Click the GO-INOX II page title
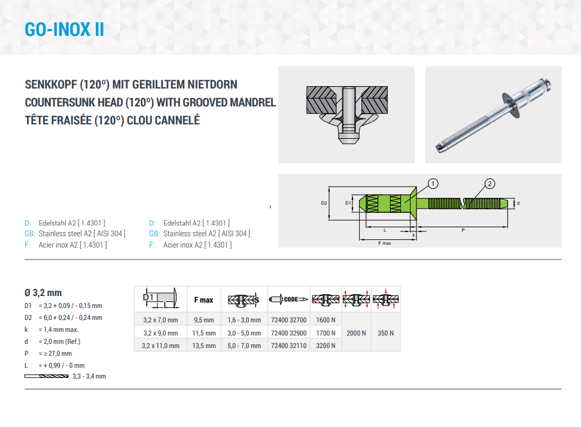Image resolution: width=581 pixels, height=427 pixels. point(64,30)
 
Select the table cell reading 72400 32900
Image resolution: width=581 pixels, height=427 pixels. point(288,333)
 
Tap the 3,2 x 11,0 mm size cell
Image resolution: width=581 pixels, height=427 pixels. point(160,346)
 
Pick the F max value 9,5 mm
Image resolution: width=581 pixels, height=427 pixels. point(204,320)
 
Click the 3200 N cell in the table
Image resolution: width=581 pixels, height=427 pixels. point(326,346)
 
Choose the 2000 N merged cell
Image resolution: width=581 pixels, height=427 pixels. point(356,333)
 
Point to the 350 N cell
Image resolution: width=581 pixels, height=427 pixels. point(386,333)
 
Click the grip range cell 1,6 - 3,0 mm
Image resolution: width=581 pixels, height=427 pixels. point(244,320)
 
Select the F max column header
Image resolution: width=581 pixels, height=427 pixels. point(204,300)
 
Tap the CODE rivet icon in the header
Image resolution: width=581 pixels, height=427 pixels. point(288,299)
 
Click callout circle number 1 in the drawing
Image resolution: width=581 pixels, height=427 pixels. point(433,184)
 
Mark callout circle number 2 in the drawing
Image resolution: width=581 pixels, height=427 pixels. point(490,184)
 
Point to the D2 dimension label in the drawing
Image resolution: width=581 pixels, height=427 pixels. point(324,203)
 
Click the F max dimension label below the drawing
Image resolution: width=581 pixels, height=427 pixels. point(385,243)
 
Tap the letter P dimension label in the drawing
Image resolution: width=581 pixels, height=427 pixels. point(463,230)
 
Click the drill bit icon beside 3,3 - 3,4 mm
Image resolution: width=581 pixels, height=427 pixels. point(47,376)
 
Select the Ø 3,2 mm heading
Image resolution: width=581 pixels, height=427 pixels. point(43,292)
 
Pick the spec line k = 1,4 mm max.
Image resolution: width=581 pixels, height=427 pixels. point(51,330)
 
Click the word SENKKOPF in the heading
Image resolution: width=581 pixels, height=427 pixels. point(51,84)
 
